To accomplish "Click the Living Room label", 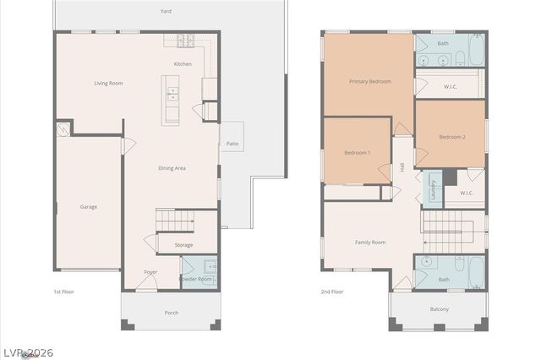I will pos(108,83).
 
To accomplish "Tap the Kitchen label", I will pos(183,63).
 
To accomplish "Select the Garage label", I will pos(88,206).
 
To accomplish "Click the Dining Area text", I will pos(172,168).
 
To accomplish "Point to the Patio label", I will pos(232,144).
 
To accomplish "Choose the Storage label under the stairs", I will pos(183,245).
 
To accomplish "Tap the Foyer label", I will pos(150,272).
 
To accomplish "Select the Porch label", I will pos(171,313).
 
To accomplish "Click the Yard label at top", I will pos(166,12).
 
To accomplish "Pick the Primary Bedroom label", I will pos(370,81).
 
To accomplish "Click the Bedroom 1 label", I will pos(357,152).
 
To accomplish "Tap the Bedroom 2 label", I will pos(451,136).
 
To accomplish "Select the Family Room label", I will pos(370,242).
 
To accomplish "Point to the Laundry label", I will pos(433,191).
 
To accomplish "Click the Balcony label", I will pos(439,308).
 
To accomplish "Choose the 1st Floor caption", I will pos(63,292).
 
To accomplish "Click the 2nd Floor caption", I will pos(332,292).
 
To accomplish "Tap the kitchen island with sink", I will pos(172,98).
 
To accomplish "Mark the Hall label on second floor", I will pos(402,167).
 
